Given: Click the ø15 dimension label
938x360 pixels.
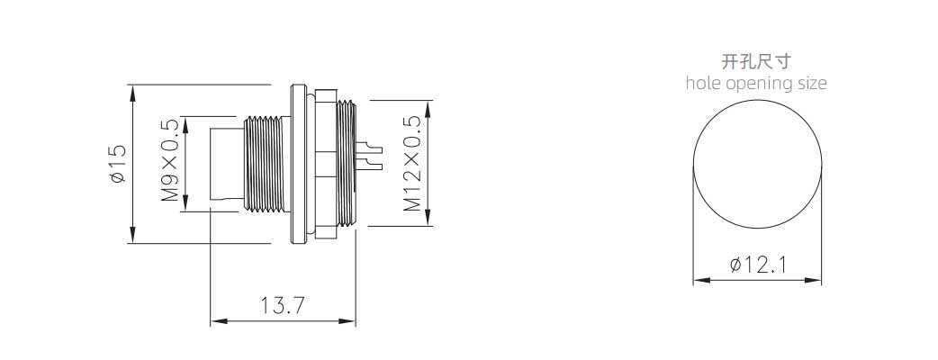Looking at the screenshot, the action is click(118, 163).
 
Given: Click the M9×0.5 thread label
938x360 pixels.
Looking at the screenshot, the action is click(170, 160).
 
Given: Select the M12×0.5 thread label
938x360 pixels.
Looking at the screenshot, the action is click(412, 163).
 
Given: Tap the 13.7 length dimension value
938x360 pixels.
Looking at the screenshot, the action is click(283, 306).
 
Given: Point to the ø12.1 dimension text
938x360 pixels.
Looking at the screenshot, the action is click(758, 265).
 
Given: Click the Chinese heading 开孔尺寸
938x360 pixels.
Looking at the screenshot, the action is click(757, 61).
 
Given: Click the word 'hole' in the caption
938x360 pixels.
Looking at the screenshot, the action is click(704, 83).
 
